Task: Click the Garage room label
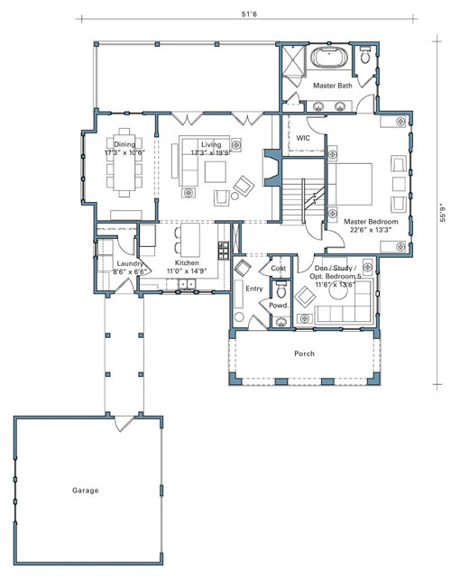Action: point(85,490)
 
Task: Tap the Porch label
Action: point(304,353)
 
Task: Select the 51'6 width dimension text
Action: point(249,14)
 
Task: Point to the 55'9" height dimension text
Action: point(443,213)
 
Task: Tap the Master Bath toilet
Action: point(364,55)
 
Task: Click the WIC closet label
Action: point(303,138)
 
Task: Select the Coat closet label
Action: point(278,269)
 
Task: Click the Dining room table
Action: point(124,162)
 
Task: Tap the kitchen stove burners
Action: point(224,251)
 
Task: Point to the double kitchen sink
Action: point(186,284)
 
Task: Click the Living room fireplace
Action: point(272,168)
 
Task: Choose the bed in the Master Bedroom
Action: point(350,184)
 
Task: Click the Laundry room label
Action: point(130,263)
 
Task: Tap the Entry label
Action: point(254,288)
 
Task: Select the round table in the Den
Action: point(338,291)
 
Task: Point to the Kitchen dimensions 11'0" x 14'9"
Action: point(187,270)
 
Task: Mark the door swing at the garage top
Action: point(122,423)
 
